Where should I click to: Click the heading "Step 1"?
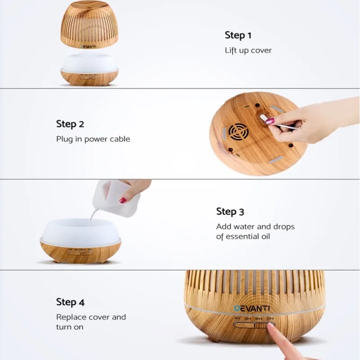238,36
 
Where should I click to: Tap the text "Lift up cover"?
248,50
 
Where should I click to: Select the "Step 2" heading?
70,124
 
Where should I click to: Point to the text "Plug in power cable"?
93,139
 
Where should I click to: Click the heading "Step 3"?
230,211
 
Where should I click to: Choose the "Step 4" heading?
70,302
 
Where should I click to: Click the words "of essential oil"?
243,237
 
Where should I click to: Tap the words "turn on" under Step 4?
70,327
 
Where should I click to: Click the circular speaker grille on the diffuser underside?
238,132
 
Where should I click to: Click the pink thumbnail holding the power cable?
270,120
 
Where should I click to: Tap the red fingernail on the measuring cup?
123,200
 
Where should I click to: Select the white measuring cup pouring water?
116,198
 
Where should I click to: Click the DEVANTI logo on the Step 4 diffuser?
252,308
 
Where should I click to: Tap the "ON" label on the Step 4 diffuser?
270,319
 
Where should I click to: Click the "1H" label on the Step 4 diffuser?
237,319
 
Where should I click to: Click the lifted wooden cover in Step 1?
89,25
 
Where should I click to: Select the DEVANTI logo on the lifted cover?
88,46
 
